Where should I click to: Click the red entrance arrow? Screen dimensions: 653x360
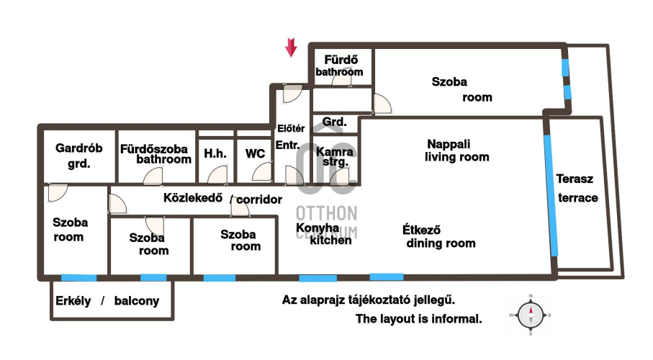(x=291, y=47)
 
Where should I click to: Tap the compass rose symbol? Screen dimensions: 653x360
(x=531, y=315)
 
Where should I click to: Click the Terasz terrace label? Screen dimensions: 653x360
(x=577, y=189)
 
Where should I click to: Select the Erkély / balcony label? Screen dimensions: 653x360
(x=107, y=301)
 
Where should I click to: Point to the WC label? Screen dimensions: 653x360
(x=256, y=154)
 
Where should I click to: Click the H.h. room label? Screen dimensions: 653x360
(x=215, y=153)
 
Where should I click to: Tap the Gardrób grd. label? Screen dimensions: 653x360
(x=78, y=156)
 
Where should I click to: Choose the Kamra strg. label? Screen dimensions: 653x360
(x=335, y=157)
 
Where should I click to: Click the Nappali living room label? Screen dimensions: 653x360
(x=456, y=150)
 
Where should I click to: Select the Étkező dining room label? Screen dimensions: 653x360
(x=439, y=236)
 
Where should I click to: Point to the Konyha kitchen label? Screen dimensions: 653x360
(x=323, y=234)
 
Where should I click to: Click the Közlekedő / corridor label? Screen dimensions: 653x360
(x=222, y=198)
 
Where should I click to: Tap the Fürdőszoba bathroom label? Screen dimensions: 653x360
(x=156, y=154)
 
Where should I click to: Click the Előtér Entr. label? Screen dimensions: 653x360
(x=290, y=137)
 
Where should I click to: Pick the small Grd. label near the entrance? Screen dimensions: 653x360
(x=334, y=122)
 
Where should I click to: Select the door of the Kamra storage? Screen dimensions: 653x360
(x=338, y=176)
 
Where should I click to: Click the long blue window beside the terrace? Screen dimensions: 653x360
(x=551, y=195)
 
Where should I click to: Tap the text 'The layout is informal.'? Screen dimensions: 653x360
(x=418, y=319)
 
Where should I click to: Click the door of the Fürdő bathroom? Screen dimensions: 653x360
(x=341, y=80)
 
